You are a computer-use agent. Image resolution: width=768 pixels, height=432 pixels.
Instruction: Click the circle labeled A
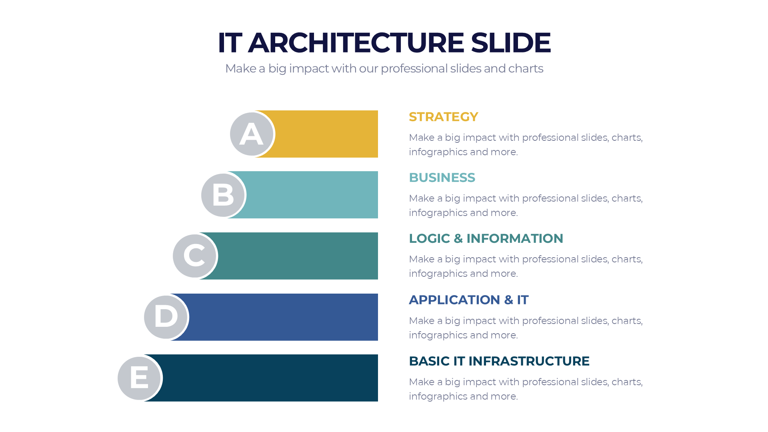[252, 134]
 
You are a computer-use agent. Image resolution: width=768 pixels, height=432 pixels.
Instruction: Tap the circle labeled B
[223, 195]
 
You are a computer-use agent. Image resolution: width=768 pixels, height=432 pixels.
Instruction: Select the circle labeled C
[194, 256]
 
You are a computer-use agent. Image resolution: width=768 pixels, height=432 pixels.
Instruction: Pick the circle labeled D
[166, 317]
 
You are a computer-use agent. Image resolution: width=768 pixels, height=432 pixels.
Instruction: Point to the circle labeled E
[139, 378]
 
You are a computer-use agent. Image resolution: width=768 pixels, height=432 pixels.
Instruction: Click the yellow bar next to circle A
[326, 134]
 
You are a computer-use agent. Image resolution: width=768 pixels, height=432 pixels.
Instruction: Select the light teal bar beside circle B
[312, 195]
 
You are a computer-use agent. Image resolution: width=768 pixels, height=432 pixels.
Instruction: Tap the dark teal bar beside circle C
[298, 256]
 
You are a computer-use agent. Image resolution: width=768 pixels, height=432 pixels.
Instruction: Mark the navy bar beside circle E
[270, 378]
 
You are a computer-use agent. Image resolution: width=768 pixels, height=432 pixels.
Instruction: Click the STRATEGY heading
[443, 117]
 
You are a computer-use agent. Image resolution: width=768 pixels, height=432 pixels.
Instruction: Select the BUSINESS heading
[442, 178]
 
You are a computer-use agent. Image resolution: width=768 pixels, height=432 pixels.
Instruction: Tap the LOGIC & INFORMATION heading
[486, 238]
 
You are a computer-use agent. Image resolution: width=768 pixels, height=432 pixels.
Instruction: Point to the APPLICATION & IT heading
[468, 300]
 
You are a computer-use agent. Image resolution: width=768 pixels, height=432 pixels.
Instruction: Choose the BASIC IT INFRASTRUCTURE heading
[499, 361]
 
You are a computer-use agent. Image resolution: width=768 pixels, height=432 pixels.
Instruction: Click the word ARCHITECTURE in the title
[356, 42]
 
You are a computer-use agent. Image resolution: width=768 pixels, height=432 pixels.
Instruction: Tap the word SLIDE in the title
[511, 42]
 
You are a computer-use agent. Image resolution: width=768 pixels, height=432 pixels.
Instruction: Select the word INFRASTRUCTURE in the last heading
[529, 361]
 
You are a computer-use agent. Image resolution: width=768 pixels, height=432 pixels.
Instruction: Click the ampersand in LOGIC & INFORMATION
[458, 238]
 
